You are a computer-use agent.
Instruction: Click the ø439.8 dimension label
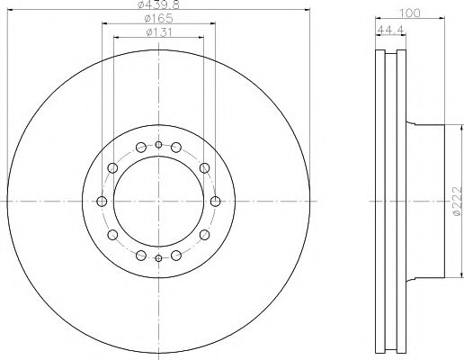coord(158,4)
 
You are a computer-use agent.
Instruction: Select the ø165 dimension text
coord(158,19)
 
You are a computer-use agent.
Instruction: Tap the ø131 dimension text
coord(159,32)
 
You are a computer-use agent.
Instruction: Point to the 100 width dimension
coord(410,13)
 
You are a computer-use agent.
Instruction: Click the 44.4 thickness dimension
coord(391,30)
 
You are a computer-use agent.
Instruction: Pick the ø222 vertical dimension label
coord(457,201)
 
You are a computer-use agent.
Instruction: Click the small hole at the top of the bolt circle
coord(158,145)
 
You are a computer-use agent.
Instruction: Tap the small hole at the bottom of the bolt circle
coord(158,258)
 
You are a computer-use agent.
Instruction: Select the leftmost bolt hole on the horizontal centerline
coord(102,202)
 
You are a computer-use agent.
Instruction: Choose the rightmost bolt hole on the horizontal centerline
coord(215,202)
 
